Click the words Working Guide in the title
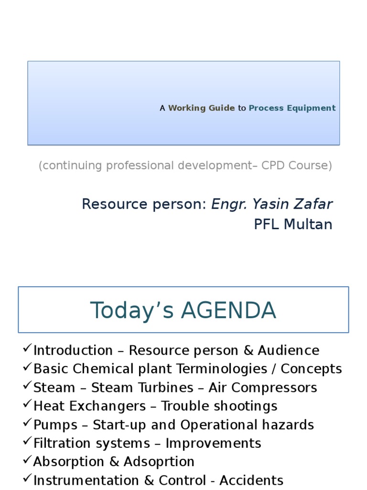(x=201, y=108)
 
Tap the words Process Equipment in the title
(x=292, y=108)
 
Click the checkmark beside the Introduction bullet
(x=27, y=349)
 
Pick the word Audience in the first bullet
(x=289, y=351)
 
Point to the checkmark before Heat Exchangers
(x=27, y=405)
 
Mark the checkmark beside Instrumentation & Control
(x=27, y=479)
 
